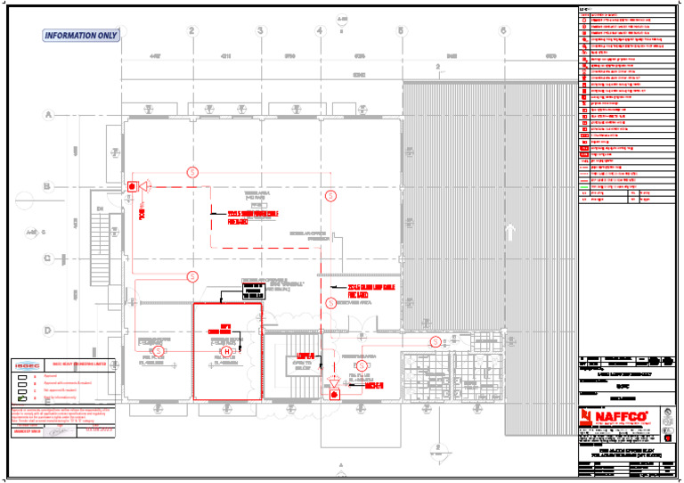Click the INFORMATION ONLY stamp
[x=81, y=36]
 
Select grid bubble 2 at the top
[x=191, y=31]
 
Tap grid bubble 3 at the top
[x=261, y=31]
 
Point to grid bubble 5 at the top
[x=401, y=31]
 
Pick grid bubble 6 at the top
[x=503, y=31]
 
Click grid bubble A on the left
[x=48, y=114]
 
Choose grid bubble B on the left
[x=48, y=186]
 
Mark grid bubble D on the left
[x=48, y=331]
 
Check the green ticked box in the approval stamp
[x=23, y=399]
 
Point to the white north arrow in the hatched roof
[x=510, y=233]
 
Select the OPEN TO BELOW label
[x=302, y=365]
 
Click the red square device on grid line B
[x=133, y=186]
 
